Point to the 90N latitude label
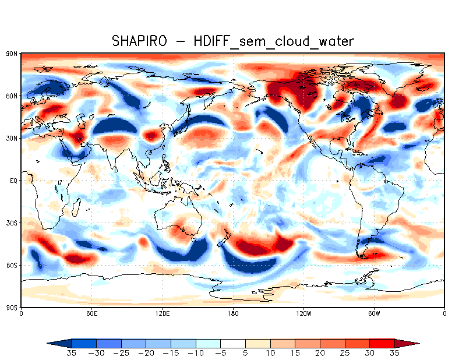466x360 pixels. point(11,54)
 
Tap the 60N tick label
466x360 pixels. point(11,96)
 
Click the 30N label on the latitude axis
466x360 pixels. point(11,138)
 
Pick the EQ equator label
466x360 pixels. point(13,181)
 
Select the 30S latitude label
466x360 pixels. point(11,223)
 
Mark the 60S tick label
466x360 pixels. point(11,265)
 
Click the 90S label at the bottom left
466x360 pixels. point(11,308)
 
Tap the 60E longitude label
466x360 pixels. point(91,313)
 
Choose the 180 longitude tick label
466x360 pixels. point(233,313)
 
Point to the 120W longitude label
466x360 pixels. point(303,313)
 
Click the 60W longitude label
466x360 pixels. point(374,313)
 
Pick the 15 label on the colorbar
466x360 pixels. point(295,353)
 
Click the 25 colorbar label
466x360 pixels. point(345,353)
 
